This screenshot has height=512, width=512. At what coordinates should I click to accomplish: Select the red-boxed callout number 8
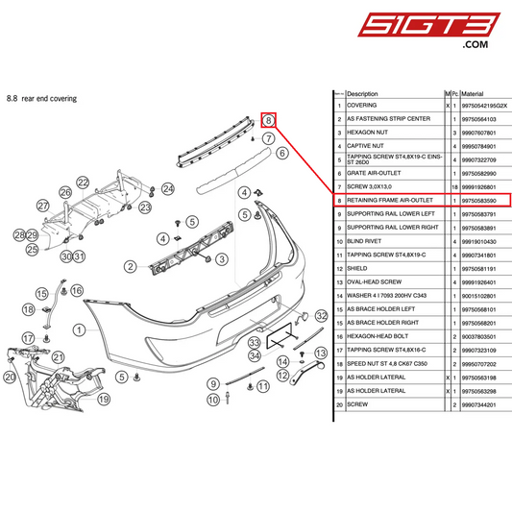click(x=270, y=120)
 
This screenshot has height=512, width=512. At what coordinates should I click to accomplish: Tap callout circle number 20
click(x=11, y=378)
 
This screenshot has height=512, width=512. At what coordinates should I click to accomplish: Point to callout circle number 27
click(x=43, y=206)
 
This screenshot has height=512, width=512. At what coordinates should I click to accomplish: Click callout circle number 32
click(x=322, y=315)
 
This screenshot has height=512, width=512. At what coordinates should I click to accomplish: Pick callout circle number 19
click(x=104, y=399)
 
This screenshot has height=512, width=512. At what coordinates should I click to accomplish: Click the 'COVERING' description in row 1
click(x=362, y=106)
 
